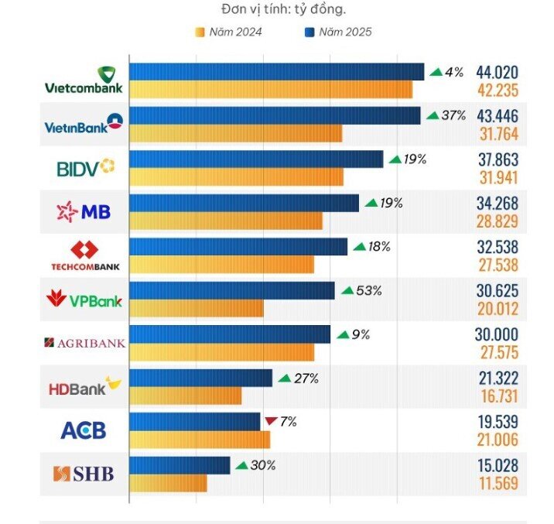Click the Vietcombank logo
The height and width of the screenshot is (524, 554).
[84, 80]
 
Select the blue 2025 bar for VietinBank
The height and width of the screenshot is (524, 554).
[275, 115]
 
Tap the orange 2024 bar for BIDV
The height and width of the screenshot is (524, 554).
[236, 177]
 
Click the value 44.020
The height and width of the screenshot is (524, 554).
[497, 72]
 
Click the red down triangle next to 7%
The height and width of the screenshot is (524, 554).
[271, 421]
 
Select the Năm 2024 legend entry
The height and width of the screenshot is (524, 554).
[228, 33]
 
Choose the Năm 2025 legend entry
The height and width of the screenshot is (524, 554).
[338, 33]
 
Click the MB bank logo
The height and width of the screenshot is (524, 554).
[84, 211]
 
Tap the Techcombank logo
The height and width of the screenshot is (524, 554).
[85, 256]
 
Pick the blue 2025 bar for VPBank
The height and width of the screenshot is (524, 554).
[232, 290]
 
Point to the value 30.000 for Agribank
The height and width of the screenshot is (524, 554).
[497, 334]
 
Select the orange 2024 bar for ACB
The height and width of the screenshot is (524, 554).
[200, 440]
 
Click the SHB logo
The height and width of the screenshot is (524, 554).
[84, 474]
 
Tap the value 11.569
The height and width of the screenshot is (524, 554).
[498, 483]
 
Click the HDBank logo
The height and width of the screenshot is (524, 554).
[85, 386]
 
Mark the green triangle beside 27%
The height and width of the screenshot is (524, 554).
[285, 378]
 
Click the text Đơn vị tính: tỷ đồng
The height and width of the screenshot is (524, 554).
[283, 9]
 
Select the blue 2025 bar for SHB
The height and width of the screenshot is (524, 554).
[180, 465]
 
